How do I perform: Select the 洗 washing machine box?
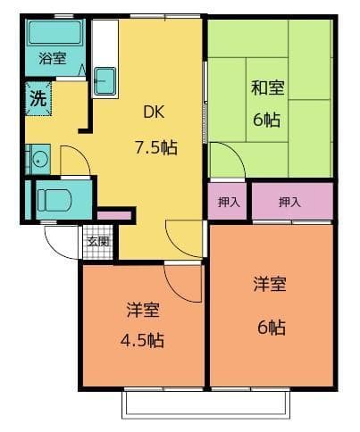(38, 99)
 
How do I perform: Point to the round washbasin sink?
(38, 160)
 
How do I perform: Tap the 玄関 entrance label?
(98, 241)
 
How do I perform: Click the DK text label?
(155, 113)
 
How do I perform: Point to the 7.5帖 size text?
(155, 147)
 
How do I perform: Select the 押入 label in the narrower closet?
(229, 202)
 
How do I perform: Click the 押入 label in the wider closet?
(289, 202)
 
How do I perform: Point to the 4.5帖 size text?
(143, 340)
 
